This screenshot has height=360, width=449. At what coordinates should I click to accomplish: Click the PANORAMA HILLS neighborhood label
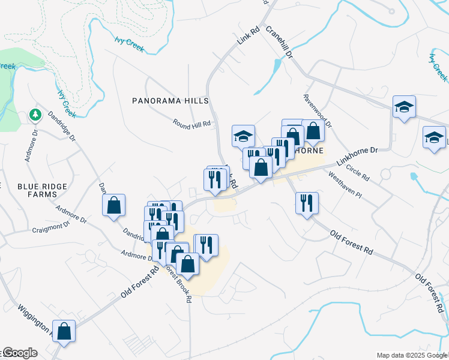coord(170,101)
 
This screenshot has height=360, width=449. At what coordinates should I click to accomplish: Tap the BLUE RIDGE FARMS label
coord(42,191)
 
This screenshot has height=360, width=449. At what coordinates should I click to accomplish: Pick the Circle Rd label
coord(358,173)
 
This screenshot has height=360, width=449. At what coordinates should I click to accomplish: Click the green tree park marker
coord(35,114)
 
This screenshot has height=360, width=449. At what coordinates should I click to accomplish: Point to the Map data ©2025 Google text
coord(411,355)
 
